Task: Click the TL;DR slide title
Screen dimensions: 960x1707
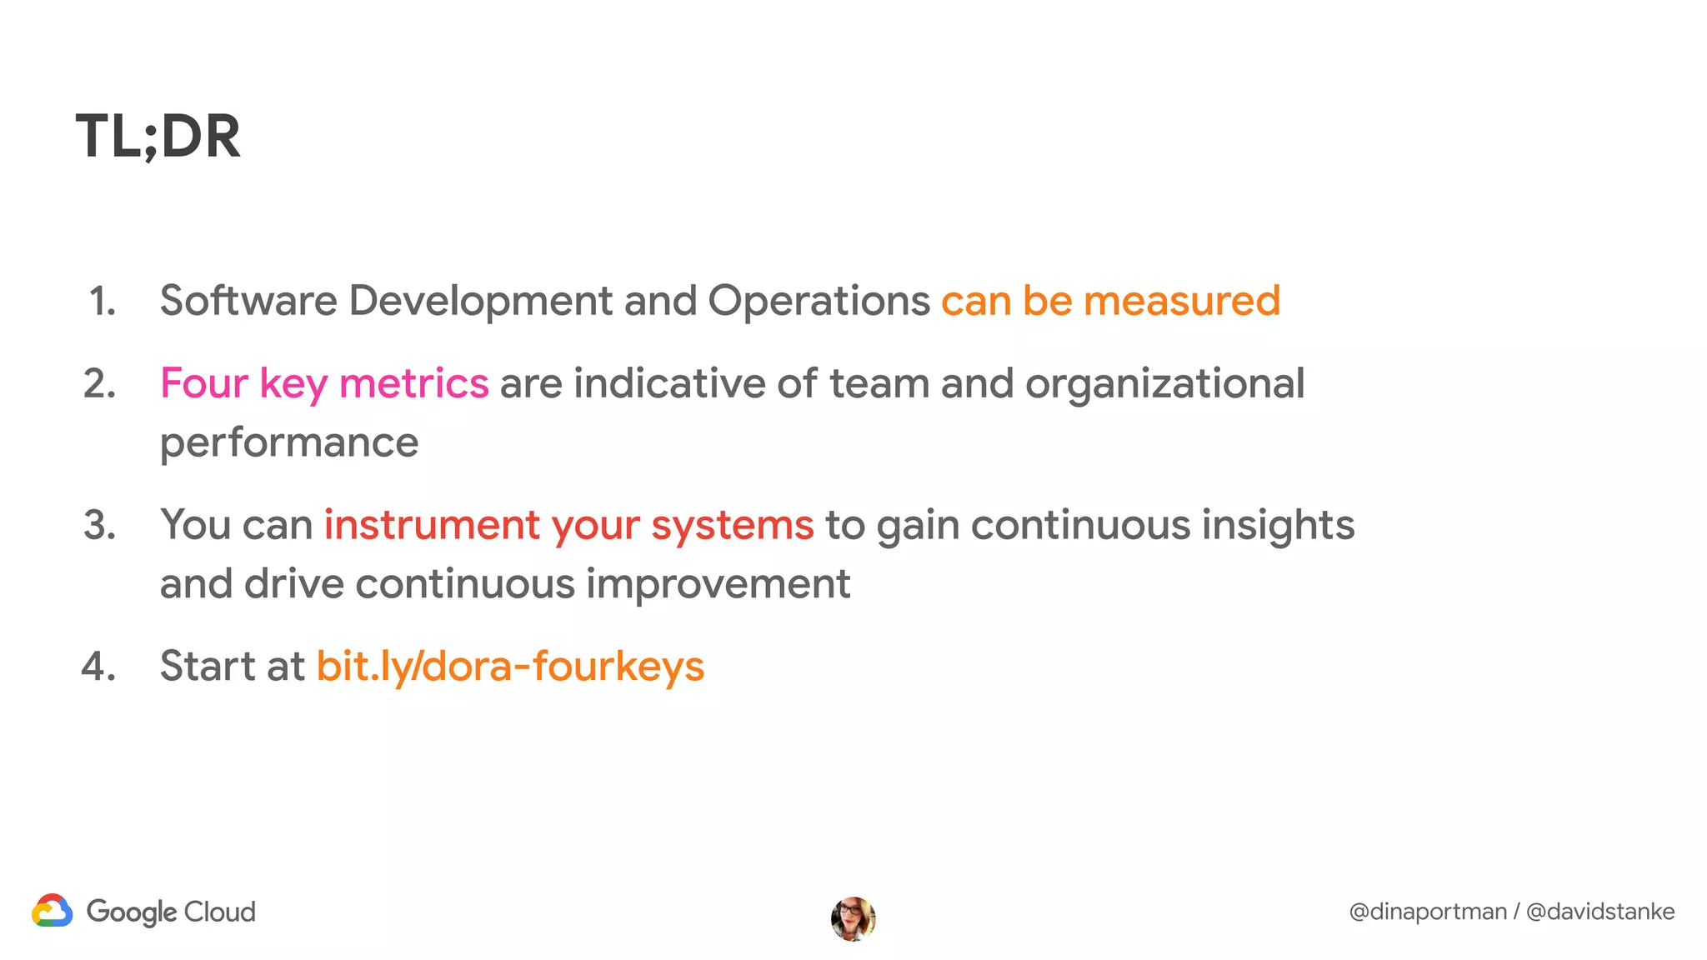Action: (x=158, y=137)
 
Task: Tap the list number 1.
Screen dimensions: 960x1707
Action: (x=102, y=301)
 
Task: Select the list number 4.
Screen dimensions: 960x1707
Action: (x=98, y=667)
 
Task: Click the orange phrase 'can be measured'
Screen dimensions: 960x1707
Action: (x=1110, y=301)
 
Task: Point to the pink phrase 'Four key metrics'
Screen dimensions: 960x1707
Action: (x=324, y=384)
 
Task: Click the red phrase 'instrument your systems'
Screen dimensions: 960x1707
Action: (x=568, y=525)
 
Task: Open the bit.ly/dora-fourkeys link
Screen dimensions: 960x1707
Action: (x=510, y=667)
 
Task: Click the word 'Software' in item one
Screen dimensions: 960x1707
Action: (x=248, y=301)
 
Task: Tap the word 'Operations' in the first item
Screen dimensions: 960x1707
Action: (x=818, y=301)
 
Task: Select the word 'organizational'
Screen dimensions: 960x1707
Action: (x=1164, y=384)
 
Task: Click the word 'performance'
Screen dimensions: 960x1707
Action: (x=289, y=442)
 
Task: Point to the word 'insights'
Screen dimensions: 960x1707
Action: (x=1278, y=525)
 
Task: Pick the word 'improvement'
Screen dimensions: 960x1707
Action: (x=718, y=583)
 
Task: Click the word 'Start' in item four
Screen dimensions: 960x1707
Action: (x=208, y=667)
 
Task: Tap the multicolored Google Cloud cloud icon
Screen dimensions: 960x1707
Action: (x=53, y=911)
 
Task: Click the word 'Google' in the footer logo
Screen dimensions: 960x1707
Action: (x=131, y=912)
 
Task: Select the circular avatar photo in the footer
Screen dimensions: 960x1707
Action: (x=853, y=918)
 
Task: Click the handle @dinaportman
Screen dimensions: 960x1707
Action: (x=1427, y=912)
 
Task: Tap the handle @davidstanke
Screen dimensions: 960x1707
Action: (x=1599, y=912)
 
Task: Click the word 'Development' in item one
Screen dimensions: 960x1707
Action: (x=480, y=301)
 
